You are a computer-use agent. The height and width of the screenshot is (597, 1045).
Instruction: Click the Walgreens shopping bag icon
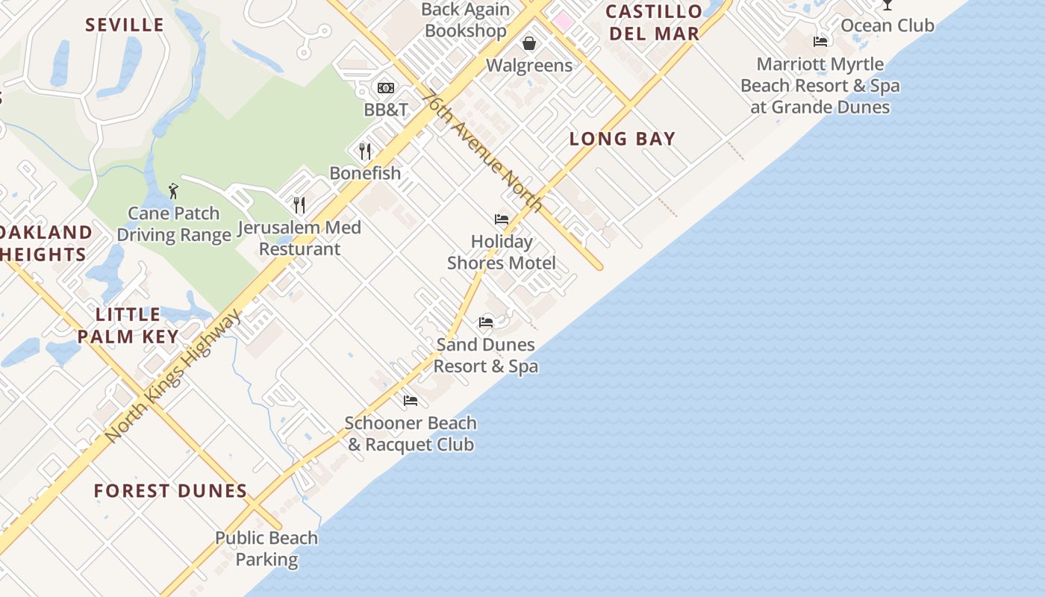click(x=529, y=43)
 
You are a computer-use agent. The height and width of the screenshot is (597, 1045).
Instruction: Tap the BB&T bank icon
click(x=386, y=88)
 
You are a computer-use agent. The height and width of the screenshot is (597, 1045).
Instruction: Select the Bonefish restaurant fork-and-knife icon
click(x=365, y=151)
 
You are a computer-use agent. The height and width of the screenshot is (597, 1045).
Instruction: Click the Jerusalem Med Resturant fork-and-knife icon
click(x=299, y=205)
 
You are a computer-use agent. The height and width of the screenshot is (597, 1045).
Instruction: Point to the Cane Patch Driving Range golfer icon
click(x=174, y=191)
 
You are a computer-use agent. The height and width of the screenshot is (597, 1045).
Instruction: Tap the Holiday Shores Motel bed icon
click(x=502, y=219)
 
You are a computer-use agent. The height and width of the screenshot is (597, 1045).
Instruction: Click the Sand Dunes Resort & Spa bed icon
click(x=486, y=322)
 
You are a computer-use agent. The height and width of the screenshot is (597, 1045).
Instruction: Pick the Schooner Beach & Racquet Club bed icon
click(x=411, y=401)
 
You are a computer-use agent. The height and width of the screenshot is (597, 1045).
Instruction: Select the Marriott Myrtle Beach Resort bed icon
click(x=821, y=42)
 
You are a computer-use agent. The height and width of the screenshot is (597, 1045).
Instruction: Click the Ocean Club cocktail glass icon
click(x=887, y=4)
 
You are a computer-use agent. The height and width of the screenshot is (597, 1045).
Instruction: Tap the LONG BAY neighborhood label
click(x=623, y=139)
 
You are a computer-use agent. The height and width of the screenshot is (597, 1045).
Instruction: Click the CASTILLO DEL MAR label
click(x=654, y=22)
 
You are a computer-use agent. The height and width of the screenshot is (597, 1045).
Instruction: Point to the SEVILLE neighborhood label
click(x=125, y=25)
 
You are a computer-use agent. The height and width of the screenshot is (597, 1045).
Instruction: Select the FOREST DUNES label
click(x=171, y=491)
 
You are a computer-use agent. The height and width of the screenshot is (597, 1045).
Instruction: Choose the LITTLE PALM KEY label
click(x=128, y=325)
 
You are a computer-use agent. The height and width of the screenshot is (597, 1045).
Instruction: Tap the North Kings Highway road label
click(x=172, y=376)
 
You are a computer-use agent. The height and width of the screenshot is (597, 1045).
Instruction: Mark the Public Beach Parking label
click(x=266, y=548)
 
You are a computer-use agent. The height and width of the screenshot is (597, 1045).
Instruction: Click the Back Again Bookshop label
click(x=466, y=20)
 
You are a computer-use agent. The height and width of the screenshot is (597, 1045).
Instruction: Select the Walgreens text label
click(x=529, y=66)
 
